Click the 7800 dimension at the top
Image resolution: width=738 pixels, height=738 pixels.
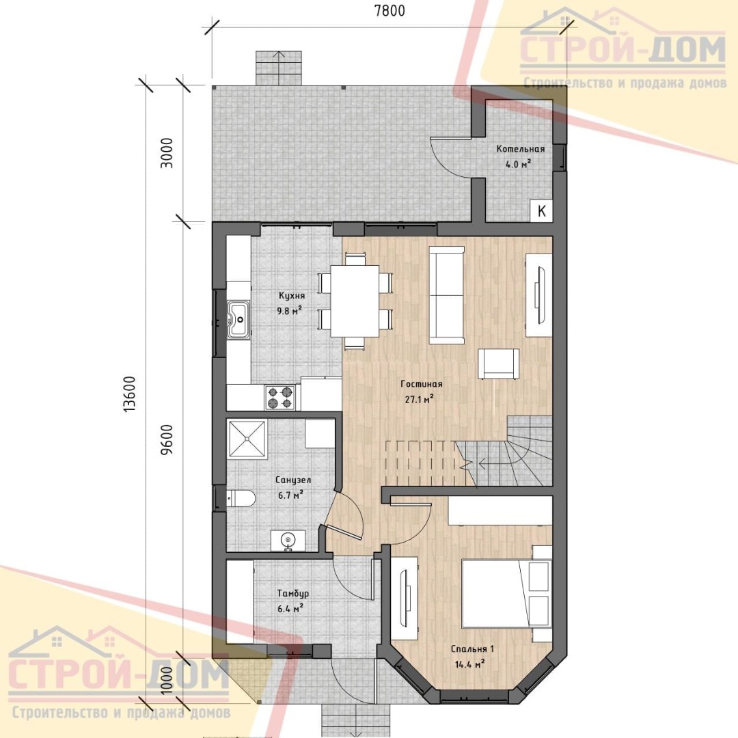click(389, 10)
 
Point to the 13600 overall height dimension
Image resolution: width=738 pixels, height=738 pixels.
click(129, 394)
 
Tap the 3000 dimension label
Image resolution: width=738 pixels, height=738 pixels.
click(167, 153)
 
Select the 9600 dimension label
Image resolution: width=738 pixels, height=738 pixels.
click(167, 439)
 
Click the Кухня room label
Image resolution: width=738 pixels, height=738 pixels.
click(292, 296)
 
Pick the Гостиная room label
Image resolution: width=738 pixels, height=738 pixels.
click(421, 384)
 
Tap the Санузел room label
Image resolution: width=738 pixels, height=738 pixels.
click(292, 480)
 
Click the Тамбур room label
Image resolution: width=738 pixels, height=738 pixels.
click(292, 594)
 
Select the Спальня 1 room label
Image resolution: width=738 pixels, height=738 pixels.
click(473, 649)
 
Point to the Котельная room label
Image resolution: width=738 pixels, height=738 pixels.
click(521, 149)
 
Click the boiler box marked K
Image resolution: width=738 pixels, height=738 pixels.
click(541, 210)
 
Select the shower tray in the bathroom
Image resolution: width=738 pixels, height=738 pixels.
click(247, 439)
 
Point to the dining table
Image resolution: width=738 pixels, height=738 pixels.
click(355, 301)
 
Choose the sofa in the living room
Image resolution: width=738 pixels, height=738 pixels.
click(446, 295)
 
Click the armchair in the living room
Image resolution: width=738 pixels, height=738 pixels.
click(498, 364)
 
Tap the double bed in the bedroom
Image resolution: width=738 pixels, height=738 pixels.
click(506, 593)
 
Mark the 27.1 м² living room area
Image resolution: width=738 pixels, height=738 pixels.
click(419, 400)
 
